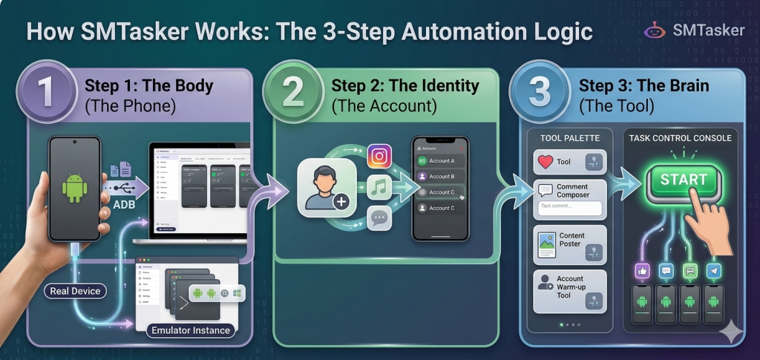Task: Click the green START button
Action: point(684,180)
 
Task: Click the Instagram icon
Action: point(379,157)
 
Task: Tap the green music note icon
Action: point(379,187)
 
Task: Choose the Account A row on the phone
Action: point(440,160)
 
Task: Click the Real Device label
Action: point(75,291)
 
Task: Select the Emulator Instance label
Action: point(191,330)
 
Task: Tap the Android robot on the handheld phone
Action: point(74,187)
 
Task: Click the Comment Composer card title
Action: point(572,191)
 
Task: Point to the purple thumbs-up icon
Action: point(642,271)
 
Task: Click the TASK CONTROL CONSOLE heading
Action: point(680,138)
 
